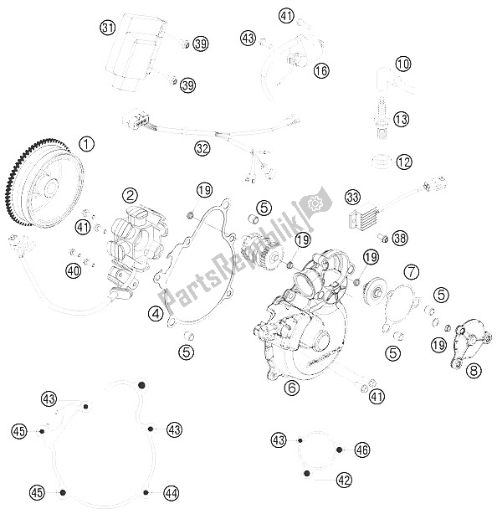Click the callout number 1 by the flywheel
[x=87, y=144]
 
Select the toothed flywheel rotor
[x=44, y=183]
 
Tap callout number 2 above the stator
[x=130, y=196]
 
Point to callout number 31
[x=108, y=28]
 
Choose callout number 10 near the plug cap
[x=402, y=64]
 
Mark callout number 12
[x=403, y=162]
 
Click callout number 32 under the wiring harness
[x=202, y=148]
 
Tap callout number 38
[x=400, y=238]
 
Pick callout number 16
[x=321, y=70]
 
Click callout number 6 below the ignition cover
[x=292, y=388]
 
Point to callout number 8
[x=474, y=371]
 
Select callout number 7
[x=412, y=271]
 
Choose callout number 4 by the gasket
[x=156, y=314]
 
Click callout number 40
[x=74, y=270]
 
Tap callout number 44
[x=172, y=493]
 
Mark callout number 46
[x=362, y=450]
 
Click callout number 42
[x=344, y=481]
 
